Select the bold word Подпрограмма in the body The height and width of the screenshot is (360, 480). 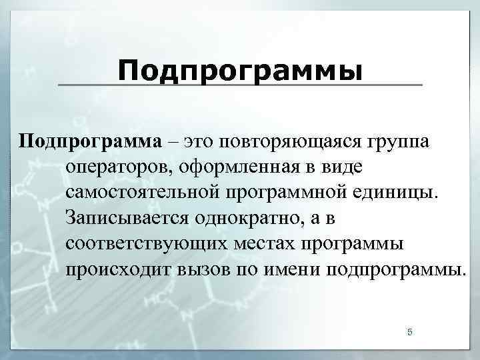pyautogui.click(x=89, y=142)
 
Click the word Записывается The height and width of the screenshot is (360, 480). pyautogui.click(x=126, y=218)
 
